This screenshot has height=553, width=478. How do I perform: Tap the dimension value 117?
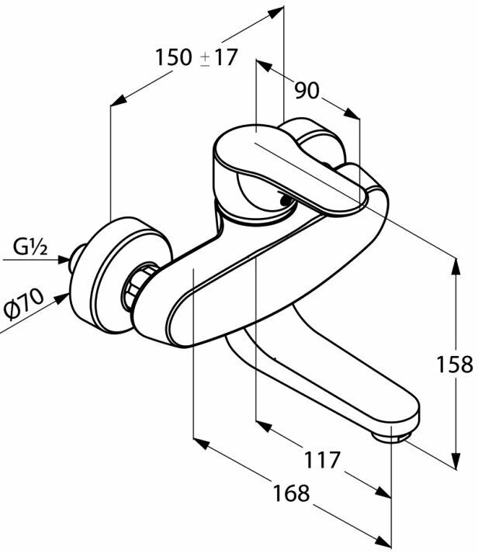click(320, 459)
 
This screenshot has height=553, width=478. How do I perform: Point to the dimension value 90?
click(307, 91)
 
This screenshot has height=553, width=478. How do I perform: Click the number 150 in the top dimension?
click(175, 57)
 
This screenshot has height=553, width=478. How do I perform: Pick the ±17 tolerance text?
click(219, 57)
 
